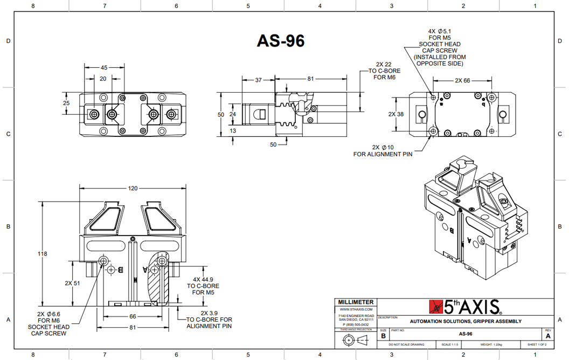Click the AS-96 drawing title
point(280,41)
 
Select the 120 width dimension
point(133,188)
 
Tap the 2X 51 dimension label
point(72,283)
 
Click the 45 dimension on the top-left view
point(104,68)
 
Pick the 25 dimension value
point(66,103)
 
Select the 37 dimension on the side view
point(258,80)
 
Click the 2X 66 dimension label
point(462,80)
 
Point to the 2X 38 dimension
point(396,114)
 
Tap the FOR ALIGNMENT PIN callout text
point(383,154)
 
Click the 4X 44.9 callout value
point(204,279)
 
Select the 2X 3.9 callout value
point(209,313)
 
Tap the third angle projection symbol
point(355,340)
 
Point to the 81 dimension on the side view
point(310,79)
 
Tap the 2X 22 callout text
point(384,64)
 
